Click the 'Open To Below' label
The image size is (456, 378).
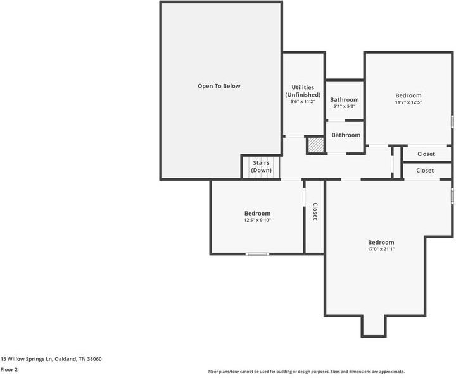(218, 86)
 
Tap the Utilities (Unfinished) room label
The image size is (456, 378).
(302, 91)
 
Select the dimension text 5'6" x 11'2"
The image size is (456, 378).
(302, 102)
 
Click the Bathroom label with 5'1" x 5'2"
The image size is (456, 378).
(344, 100)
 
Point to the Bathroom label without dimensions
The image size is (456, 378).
(346, 135)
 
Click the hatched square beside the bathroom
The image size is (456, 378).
(315, 145)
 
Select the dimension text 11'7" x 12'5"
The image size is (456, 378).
(408, 102)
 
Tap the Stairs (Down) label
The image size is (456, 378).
(261, 167)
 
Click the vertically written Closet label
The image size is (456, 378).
(315, 212)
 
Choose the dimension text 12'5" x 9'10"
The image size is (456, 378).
(257, 221)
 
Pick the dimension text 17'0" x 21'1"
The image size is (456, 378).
(381, 250)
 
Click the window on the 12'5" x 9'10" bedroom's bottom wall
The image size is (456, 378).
(257, 254)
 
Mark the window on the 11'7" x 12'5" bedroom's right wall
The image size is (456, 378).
(452, 121)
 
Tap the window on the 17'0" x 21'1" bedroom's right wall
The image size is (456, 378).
(452, 196)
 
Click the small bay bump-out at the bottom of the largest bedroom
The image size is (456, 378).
(374, 325)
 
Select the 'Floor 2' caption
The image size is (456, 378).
(9, 370)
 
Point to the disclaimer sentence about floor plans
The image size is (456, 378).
(306, 372)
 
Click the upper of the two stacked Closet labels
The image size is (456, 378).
(426, 154)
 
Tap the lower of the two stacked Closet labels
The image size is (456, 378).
(425, 171)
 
